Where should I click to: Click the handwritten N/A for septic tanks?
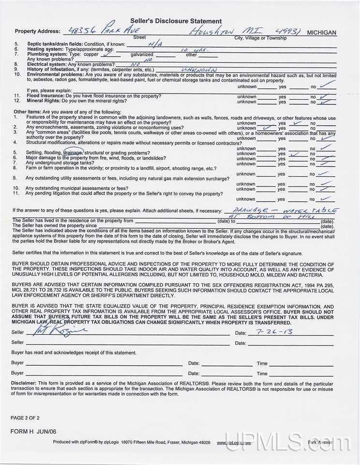155,43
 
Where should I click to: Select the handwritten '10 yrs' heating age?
187,49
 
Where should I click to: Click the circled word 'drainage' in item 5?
73,153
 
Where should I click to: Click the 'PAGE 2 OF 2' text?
25,418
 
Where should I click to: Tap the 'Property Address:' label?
38,31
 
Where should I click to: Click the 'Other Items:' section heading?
28,112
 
